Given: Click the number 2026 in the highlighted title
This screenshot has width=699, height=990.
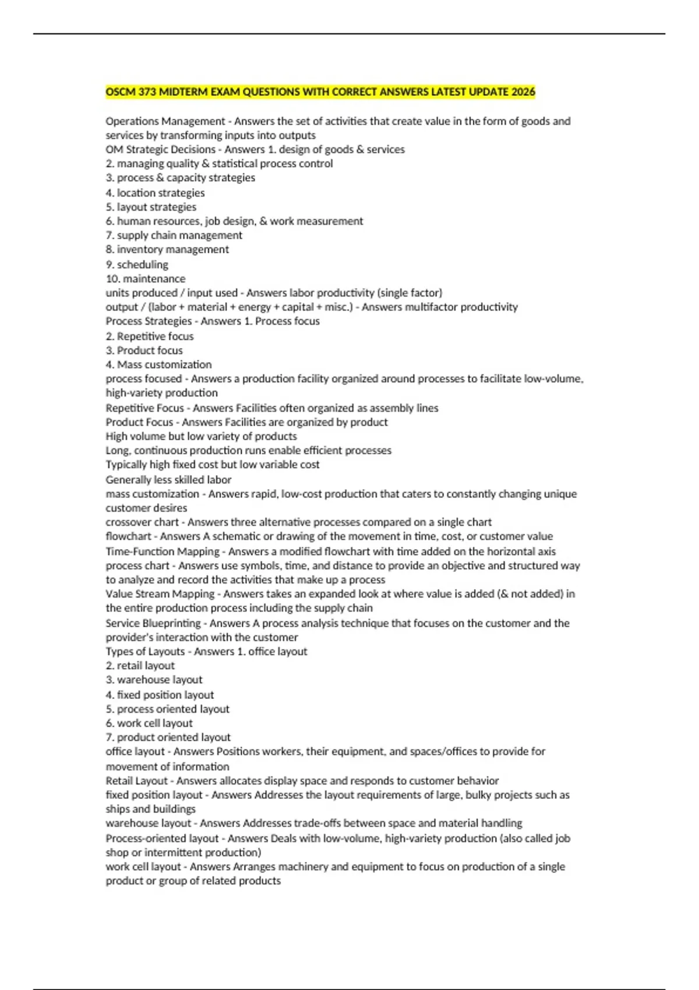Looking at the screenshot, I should point(523,92).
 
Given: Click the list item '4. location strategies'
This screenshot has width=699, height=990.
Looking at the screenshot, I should point(155,193).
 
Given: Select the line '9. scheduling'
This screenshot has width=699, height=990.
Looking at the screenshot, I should point(137,264).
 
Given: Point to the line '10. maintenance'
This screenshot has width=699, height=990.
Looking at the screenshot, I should point(146,279).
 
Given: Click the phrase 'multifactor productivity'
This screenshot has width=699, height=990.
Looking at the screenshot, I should point(439,307).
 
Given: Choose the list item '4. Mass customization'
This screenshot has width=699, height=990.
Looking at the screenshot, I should point(158,365).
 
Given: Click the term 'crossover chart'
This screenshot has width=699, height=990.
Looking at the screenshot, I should point(142,522).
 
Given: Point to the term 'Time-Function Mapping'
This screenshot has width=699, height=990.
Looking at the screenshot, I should point(163,551).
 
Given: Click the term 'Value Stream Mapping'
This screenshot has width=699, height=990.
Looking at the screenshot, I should point(160,594).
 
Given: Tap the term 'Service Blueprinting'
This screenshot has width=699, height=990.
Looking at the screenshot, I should point(153,623).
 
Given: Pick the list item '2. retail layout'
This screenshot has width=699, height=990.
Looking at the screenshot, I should point(140,666).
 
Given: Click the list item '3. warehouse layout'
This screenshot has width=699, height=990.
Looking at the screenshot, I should point(154,680).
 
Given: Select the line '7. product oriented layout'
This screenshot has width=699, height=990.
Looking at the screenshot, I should point(168,737).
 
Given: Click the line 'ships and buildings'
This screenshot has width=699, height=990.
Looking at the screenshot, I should point(150,809).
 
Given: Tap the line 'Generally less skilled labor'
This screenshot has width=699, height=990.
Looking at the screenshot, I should point(168,480).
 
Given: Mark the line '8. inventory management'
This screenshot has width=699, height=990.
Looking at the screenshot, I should point(167,249).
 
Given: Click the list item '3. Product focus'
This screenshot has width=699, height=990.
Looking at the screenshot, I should point(144,351).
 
